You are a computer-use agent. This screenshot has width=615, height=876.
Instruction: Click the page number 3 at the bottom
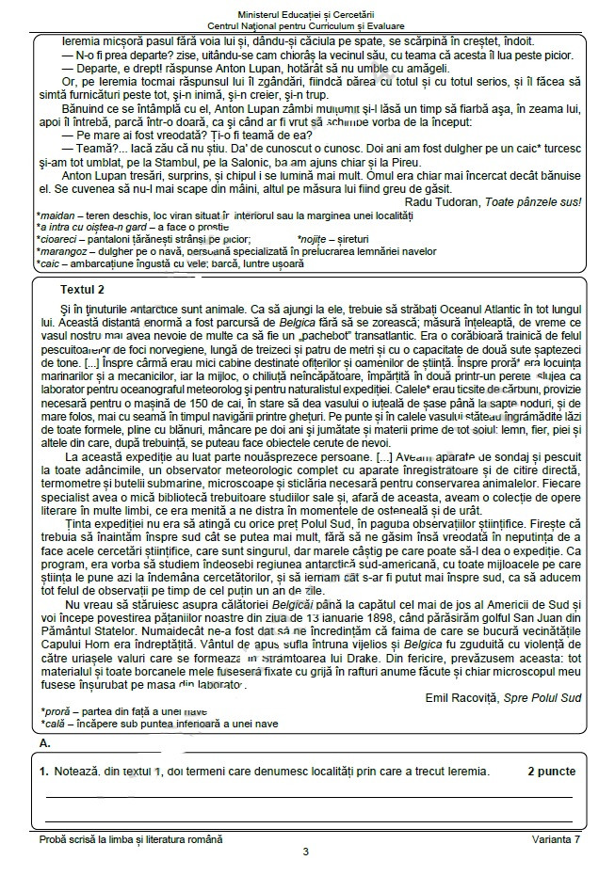[306, 852]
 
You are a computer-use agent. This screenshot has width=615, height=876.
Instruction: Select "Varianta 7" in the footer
[555, 837]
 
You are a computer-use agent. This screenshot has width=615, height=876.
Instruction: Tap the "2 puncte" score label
[551, 772]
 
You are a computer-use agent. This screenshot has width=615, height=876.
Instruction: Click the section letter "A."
[45, 743]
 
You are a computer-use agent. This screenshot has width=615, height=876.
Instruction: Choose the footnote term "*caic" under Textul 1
[48, 263]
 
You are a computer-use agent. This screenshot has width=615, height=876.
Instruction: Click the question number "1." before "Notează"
[44, 772]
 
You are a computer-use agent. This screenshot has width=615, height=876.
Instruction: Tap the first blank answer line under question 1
[310, 796]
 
